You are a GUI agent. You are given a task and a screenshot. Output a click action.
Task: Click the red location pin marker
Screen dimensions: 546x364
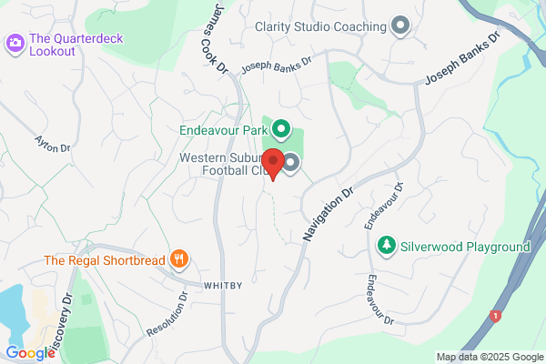pos(270,164)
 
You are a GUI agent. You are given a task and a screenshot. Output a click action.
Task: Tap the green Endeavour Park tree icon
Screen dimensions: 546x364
pos(281,129)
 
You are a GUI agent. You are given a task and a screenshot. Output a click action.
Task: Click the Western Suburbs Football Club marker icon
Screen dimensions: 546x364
pos(291,164)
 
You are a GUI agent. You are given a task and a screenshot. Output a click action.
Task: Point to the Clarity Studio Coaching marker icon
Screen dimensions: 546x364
pos(399,25)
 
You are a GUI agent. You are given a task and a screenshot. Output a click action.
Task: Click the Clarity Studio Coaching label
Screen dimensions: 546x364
pos(320,26)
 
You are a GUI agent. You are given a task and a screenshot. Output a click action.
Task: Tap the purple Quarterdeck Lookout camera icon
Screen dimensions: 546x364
pos(15,41)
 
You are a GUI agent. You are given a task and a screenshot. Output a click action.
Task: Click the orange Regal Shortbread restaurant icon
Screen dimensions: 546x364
pos(180,260)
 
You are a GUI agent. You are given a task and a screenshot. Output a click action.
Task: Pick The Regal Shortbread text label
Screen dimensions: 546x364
pos(105,261)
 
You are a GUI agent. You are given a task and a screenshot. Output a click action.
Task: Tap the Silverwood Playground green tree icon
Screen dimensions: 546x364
pos(387,246)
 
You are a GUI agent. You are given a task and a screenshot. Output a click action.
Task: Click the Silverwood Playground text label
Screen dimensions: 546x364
pos(465,247)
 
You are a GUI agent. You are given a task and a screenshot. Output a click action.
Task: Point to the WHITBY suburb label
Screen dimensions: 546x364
pos(222,285)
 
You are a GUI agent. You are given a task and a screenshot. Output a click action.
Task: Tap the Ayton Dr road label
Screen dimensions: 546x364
pos(52,151)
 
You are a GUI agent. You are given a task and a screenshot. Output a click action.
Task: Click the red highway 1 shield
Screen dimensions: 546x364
pos(495,316)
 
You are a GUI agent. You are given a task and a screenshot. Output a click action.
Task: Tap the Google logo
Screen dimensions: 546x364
pos(30,352)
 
